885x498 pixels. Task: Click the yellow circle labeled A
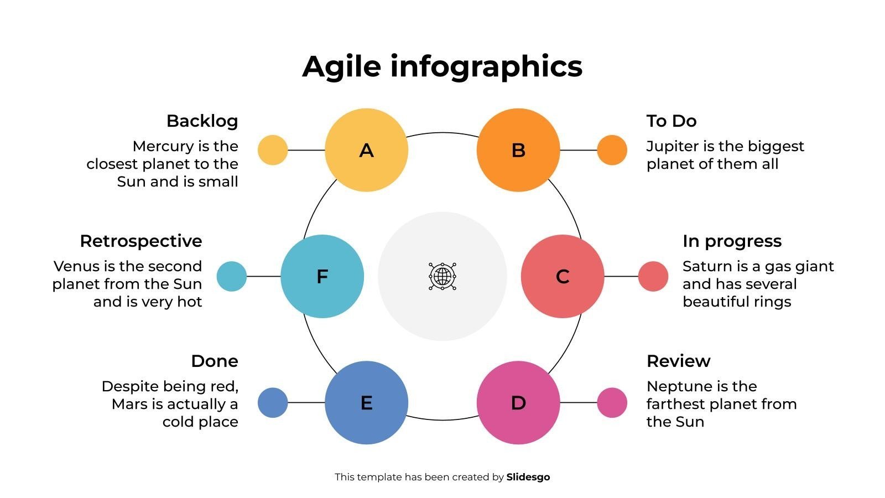(x=366, y=150)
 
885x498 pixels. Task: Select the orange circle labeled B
(x=518, y=150)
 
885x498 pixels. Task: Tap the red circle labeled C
(x=563, y=276)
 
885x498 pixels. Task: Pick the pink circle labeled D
(x=518, y=402)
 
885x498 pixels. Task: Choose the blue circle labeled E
(x=366, y=402)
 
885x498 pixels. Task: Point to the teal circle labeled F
(x=322, y=276)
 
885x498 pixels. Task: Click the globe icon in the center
(x=442, y=276)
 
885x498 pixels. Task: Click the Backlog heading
(x=202, y=121)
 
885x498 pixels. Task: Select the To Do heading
(x=671, y=121)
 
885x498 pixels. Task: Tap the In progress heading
(x=732, y=241)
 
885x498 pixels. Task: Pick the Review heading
(x=678, y=361)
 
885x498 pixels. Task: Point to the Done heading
(x=215, y=361)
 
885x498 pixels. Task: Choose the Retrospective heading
(x=141, y=241)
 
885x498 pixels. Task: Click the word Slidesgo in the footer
(x=528, y=477)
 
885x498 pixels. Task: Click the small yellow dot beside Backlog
(x=273, y=150)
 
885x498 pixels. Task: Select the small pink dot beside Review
(x=612, y=402)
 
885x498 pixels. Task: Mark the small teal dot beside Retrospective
(x=231, y=276)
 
